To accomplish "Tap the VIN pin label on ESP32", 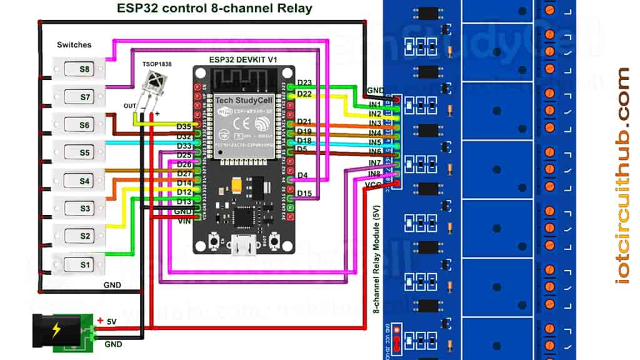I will click(x=184, y=221).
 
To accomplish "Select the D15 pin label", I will click(x=304, y=193).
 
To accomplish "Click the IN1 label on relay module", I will click(x=375, y=103).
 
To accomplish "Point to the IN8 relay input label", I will click(x=375, y=173).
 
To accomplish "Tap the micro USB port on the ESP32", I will click(x=244, y=247).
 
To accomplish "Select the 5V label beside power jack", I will click(x=111, y=321).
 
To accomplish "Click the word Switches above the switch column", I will click(x=74, y=45).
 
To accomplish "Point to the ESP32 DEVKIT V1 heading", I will click(x=243, y=59).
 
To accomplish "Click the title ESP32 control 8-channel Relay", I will click(x=214, y=9).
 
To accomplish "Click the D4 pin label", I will click(x=302, y=176).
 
